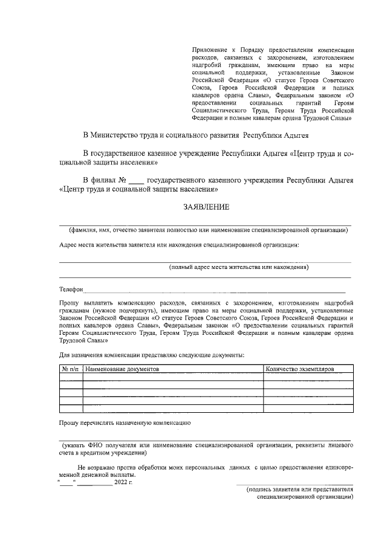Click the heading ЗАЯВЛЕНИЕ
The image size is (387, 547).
(x=206, y=207)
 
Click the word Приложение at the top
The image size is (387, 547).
(x=209, y=49)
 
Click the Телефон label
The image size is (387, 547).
(x=71, y=290)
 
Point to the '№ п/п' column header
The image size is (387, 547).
(x=71, y=368)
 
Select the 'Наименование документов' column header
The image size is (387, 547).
(x=122, y=368)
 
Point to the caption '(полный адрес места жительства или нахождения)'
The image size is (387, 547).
(x=238, y=267)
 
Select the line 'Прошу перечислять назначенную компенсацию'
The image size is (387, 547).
(x=125, y=422)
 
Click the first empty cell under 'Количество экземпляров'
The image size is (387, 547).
(x=308, y=377)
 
